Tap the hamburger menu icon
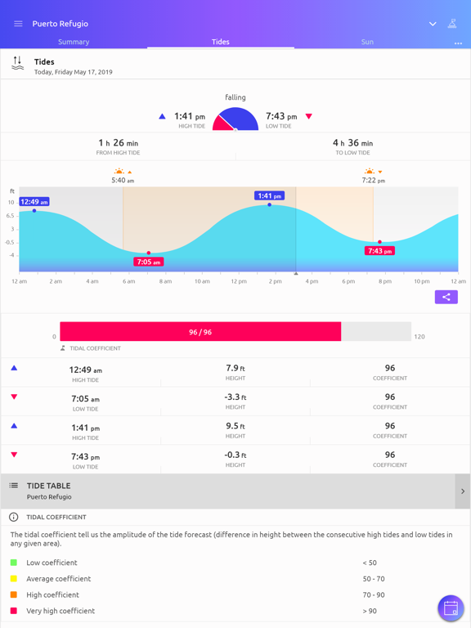pyautogui.click(x=18, y=24)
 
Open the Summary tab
pyautogui.click(x=74, y=42)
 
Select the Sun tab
pyautogui.click(x=367, y=42)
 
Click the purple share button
pyautogui.click(x=446, y=297)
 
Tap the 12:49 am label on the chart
pyautogui.click(x=34, y=201)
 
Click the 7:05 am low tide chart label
pyautogui.click(x=148, y=262)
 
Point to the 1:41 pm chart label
pyautogui.click(x=269, y=196)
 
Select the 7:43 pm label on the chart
pyautogui.click(x=379, y=251)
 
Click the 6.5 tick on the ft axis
pyautogui.click(x=11, y=216)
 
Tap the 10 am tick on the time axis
pyautogui.click(x=202, y=281)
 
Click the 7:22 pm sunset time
pyautogui.click(x=374, y=180)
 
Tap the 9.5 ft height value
pyautogui.click(x=235, y=426)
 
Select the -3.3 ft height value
pyautogui.click(x=235, y=397)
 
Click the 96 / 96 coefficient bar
pyautogui.click(x=200, y=332)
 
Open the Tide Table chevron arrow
pyautogui.click(x=462, y=491)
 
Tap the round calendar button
pyautogui.click(x=451, y=608)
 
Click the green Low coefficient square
pyautogui.click(x=14, y=563)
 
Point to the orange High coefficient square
pyautogui.click(x=14, y=594)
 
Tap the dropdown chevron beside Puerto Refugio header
pyautogui.click(x=433, y=24)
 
